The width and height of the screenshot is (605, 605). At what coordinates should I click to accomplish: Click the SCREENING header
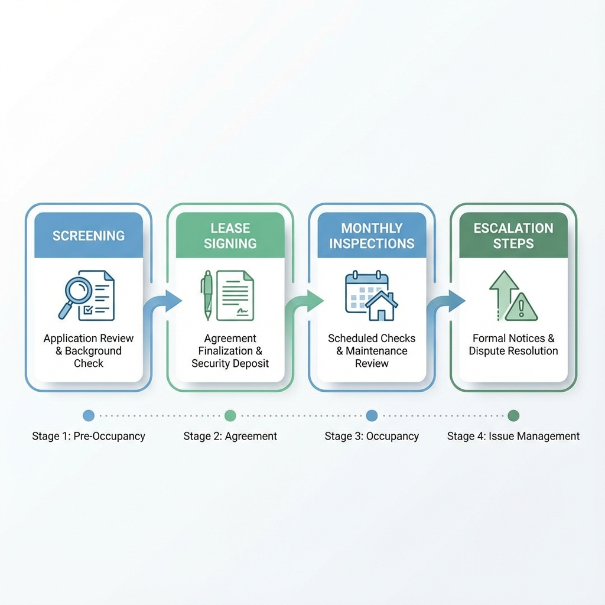[88, 235]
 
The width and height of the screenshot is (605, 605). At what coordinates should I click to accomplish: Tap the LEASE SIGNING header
[230, 235]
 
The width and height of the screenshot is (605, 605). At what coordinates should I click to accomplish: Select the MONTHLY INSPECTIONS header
[372, 235]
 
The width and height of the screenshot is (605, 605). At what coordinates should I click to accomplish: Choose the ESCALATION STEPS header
[513, 235]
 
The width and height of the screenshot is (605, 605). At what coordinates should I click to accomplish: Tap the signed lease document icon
[235, 295]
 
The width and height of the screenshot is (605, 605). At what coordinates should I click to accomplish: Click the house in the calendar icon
[381, 306]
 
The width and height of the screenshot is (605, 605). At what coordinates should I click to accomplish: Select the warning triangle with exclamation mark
[521, 307]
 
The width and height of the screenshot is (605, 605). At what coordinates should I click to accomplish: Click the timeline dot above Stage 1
[89, 416]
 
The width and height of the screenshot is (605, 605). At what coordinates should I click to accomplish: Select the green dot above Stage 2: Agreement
[230, 416]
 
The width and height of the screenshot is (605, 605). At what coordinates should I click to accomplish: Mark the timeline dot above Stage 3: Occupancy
[372, 416]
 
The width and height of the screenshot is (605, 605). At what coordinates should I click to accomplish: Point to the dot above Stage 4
[513, 416]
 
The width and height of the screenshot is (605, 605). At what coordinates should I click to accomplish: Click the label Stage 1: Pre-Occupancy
[89, 437]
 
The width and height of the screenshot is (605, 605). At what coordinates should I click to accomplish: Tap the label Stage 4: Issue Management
[513, 437]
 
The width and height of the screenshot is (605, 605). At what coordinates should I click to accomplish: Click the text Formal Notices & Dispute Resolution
[513, 344]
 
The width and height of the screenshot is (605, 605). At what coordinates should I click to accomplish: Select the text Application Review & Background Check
[89, 350]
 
